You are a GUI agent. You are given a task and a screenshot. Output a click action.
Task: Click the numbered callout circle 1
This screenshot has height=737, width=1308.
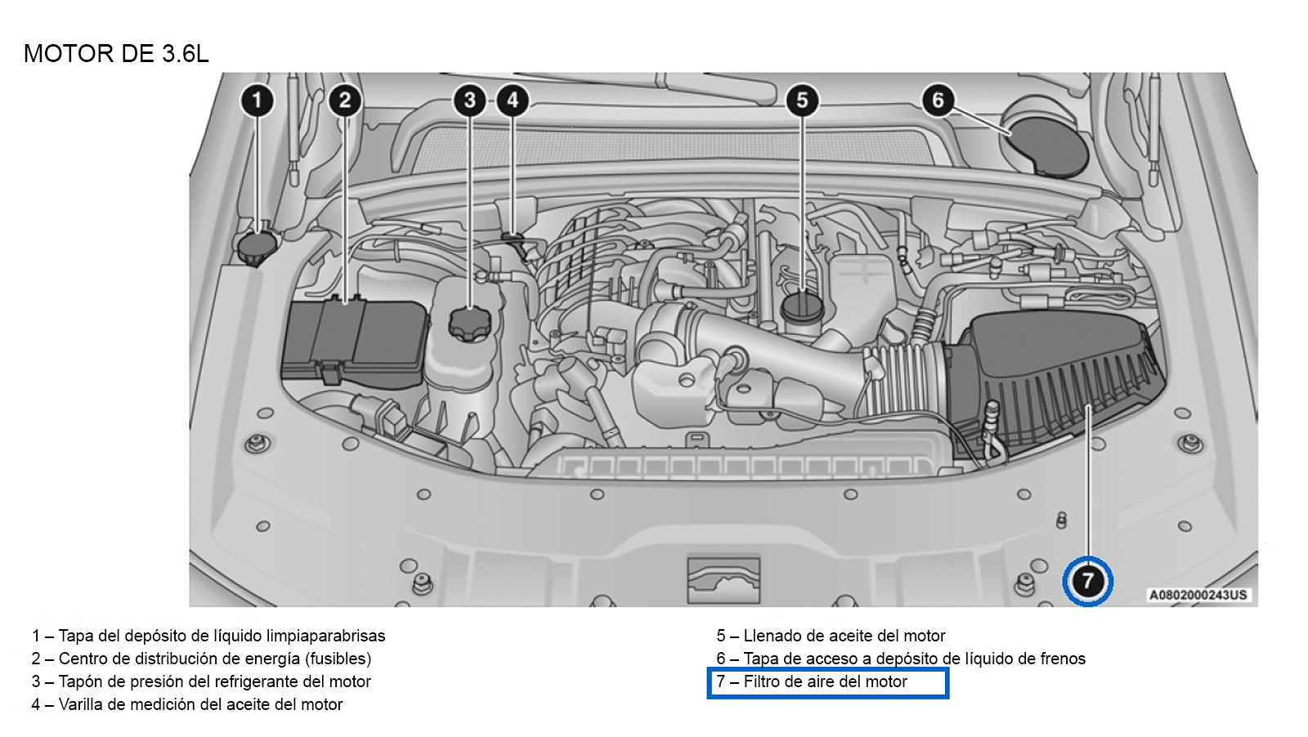257,100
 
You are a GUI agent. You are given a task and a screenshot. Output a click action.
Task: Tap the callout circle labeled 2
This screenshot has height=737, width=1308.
344,100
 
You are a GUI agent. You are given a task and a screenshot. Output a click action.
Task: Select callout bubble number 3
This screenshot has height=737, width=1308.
469,100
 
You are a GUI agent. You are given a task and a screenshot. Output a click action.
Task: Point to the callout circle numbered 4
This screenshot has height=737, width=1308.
512,100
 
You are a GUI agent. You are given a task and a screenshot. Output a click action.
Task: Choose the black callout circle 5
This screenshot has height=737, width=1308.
802,100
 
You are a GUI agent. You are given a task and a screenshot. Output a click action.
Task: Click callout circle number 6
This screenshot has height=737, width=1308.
938,100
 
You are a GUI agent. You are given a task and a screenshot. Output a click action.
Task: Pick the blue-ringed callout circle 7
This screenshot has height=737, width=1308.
1087,581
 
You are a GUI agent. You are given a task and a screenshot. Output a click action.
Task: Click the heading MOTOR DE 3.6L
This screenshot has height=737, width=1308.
115,54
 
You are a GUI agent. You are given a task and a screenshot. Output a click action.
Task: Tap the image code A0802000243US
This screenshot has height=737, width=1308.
1198,595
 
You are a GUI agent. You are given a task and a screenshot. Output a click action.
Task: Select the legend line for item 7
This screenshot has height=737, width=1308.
812,681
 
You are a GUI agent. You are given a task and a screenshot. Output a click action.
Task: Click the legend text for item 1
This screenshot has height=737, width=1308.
208,636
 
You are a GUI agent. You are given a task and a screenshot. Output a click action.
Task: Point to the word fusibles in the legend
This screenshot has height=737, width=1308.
338,659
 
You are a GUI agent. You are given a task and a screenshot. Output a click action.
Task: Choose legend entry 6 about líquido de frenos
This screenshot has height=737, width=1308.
901,659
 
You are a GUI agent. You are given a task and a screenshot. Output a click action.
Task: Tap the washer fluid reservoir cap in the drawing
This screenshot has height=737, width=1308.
257,248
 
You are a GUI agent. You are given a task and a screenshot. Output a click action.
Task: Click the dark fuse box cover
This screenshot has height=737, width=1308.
355,342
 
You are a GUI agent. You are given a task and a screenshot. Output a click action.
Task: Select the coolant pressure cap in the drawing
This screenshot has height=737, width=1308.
470,324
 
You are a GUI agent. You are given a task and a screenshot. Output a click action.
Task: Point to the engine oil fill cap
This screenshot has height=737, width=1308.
803,308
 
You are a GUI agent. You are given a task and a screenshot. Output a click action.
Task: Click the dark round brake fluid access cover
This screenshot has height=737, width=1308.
1047,146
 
